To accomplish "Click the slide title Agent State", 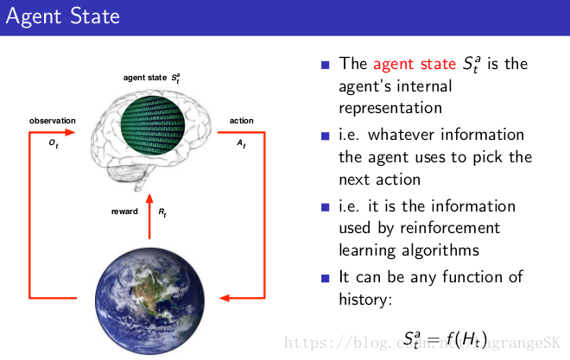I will tap(63, 17).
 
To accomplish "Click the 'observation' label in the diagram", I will tap(53, 121).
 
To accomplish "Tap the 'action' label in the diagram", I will tap(241, 121).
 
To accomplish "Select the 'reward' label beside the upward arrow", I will tap(124, 211).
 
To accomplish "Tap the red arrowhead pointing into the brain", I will tap(83, 134).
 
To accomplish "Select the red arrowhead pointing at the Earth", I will tap(225, 299).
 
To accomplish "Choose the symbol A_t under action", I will tap(242, 143).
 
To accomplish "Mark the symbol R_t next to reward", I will tap(163, 211).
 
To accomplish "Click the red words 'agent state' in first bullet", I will tap(415, 64).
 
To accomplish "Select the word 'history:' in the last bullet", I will tap(367, 300).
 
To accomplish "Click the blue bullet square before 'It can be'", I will tap(326, 278).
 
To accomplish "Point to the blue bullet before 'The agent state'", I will tap(326, 65).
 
